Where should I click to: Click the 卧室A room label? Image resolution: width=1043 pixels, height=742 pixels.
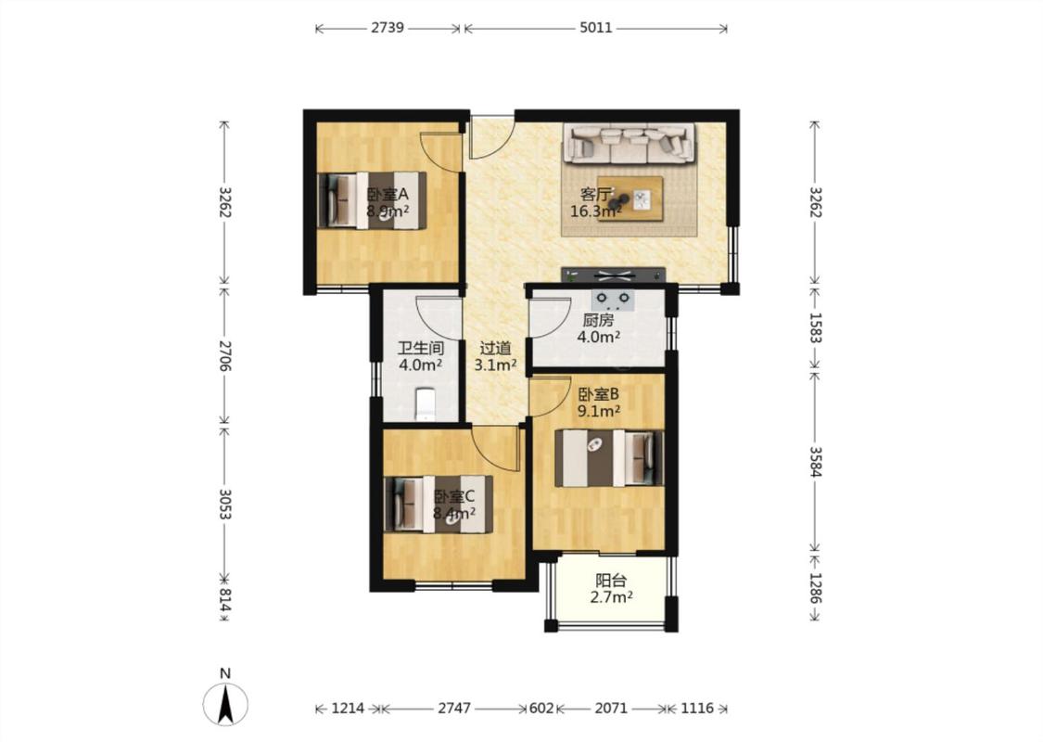pos(388,195)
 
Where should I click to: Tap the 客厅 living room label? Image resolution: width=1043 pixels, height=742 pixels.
pos(594,195)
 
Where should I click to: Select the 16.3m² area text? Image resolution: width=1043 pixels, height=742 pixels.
pos(596,211)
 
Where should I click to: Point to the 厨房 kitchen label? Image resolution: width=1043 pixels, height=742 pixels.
pos(598,319)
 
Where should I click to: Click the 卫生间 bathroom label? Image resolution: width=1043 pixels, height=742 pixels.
pos(420,348)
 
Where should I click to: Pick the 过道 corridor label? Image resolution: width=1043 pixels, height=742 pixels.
pos(496,348)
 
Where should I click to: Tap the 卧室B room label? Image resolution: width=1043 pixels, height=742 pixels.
pos(598,394)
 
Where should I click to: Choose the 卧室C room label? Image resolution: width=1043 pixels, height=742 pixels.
pos(453,496)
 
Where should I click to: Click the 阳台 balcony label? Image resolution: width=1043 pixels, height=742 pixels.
pos(611,581)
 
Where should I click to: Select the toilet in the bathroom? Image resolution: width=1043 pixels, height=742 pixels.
pos(425,404)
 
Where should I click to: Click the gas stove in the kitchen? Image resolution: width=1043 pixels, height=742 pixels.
pos(613,301)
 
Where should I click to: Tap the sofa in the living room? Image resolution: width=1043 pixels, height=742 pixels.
pos(630,143)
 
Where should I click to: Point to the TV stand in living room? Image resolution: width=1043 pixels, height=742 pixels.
pos(613,275)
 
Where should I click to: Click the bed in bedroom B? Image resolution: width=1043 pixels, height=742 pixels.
pos(609,458)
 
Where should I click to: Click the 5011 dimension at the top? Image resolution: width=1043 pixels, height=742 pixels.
pos(595,28)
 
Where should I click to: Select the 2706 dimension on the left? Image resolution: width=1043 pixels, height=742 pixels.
pos(224,354)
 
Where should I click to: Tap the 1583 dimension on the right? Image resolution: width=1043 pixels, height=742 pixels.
pos(816,328)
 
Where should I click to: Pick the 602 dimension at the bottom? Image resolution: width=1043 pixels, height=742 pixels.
pos(541,708)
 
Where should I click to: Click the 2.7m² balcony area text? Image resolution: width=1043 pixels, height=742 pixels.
pos(611,597)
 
